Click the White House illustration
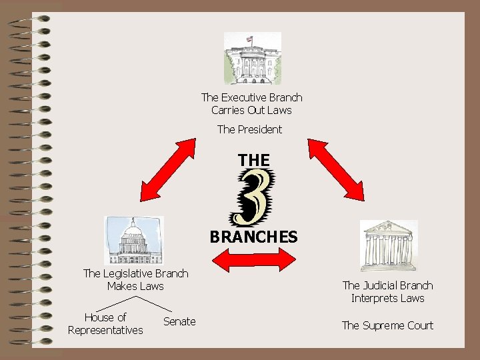tap(252, 59)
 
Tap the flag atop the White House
tap(250, 39)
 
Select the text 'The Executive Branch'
tap(251, 97)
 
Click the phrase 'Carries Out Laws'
tap(251, 110)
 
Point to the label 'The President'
tap(249, 129)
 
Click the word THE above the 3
tap(254, 161)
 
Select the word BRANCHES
tap(253, 237)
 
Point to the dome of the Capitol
tap(134, 230)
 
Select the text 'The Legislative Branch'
tap(135, 273)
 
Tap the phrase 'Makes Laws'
tap(135, 286)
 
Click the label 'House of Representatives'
tap(105, 324)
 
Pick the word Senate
tap(179, 322)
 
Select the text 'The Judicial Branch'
tap(387, 285)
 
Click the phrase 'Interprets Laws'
tap(387, 298)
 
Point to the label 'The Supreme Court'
tap(387, 325)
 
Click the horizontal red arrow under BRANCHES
tap(253, 259)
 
